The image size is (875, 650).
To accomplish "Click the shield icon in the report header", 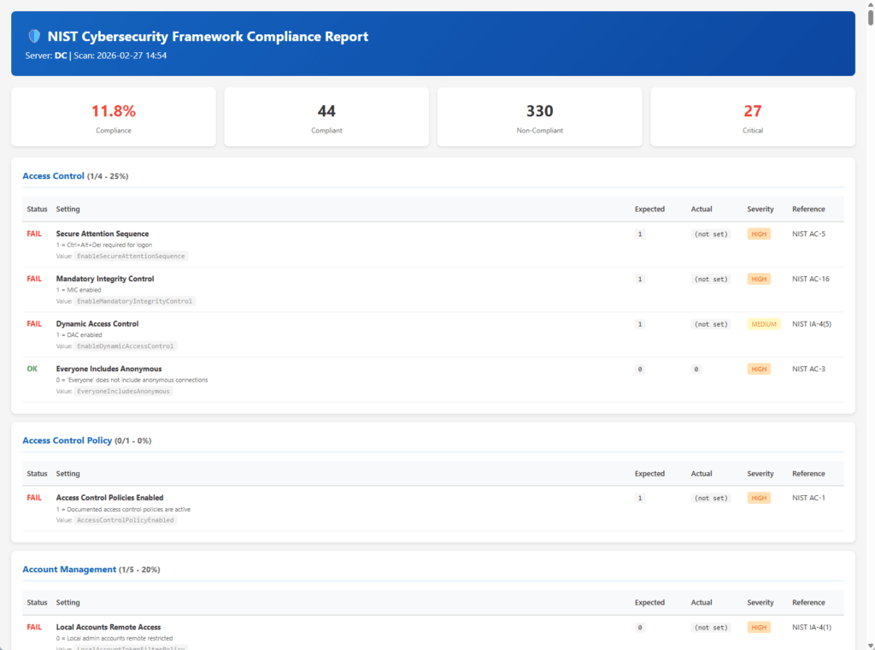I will tap(34, 37).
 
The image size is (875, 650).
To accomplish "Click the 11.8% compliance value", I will tap(113, 111).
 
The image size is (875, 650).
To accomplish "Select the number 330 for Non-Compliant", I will tap(539, 111).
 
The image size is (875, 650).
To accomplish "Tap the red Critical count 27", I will tap(752, 111).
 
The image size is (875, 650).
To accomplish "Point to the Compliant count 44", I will tap(326, 111).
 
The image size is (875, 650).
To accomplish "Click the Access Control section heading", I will tap(53, 176).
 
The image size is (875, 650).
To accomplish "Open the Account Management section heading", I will tap(68, 570).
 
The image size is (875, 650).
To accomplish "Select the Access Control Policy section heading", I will tap(67, 440).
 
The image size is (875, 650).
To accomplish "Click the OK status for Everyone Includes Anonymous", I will tap(32, 369).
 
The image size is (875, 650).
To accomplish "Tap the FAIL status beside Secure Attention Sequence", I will tap(34, 233).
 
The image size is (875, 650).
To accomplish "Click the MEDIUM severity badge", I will tap(764, 324).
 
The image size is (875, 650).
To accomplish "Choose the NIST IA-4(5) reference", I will tap(812, 324).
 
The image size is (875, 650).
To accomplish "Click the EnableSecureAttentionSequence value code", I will tap(131, 256).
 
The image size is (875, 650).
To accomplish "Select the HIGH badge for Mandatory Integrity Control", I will tap(759, 279).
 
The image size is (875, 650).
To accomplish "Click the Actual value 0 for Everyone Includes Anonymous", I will tap(696, 369).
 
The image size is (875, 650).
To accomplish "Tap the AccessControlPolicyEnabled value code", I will tap(126, 520).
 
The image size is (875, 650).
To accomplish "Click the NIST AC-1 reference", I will tap(808, 498).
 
